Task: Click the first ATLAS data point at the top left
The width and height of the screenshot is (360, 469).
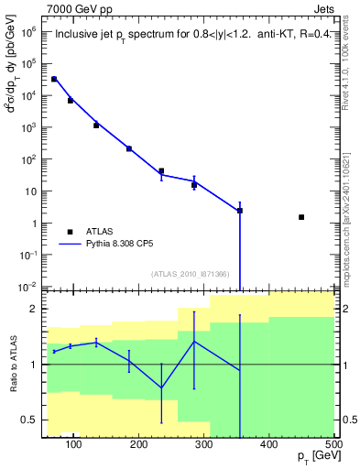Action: coord(54,80)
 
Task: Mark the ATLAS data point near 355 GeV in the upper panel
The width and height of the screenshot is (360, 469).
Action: coord(240,211)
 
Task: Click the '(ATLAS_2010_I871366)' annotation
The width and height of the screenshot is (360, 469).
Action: coord(190,274)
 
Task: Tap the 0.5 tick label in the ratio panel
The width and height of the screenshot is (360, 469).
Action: coord(30,420)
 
